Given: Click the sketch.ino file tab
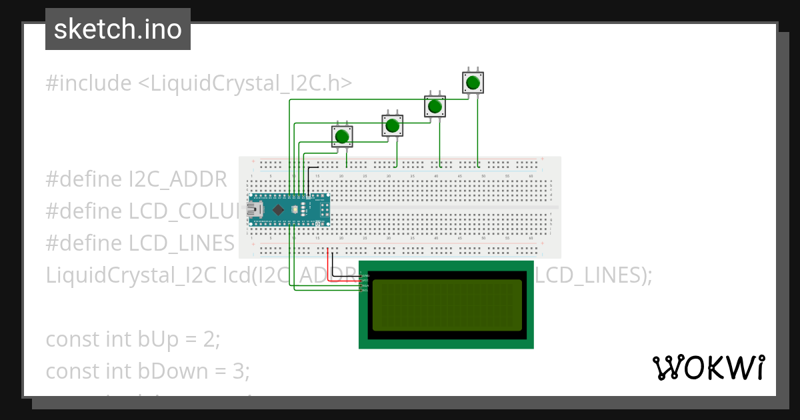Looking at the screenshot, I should coord(118,29).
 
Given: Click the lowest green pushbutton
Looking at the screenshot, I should coord(342,136).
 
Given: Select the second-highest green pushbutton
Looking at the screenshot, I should coord(435,106).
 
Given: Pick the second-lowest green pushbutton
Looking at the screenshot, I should coord(392,125).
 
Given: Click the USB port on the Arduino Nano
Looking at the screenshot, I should coord(254,209).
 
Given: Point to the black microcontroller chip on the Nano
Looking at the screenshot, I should coord(278,210).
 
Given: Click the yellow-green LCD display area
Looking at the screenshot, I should coord(447,305).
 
